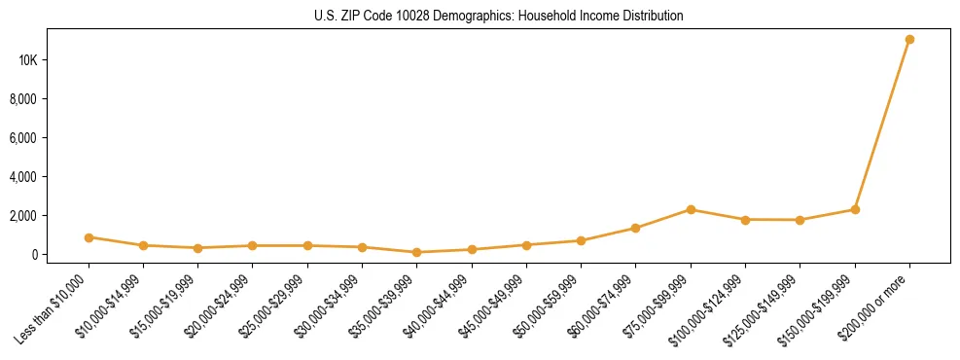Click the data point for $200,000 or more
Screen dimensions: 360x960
pyautogui.click(x=909, y=40)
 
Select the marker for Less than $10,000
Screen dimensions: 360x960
pyautogui.click(x=89, y=237)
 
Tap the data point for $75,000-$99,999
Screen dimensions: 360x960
pyautogui.click(x=691, y=209)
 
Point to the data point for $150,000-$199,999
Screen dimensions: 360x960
pyautogui.click(x=855, y=209)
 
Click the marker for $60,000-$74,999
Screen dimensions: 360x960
pyautogui.click(x=636, y=228)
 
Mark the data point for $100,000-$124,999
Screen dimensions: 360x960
pyautogui.click(x=745, y=220)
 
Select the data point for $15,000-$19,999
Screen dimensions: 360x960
pyautogui.click(x=198, y=248)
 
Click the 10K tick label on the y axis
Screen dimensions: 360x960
pyautogui.click(x=27, y=60)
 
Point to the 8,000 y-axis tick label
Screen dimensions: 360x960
pyautogui.click(x=23, y=99)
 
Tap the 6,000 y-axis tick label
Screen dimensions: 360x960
pyautogui.click(x=23, y=138)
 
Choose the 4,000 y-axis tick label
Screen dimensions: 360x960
pyautogui.click(x=23, y=177)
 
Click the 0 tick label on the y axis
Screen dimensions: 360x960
pyautogui.click(x=33, y=255)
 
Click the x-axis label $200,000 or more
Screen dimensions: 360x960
pyautogui.click(x=880, y=304)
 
